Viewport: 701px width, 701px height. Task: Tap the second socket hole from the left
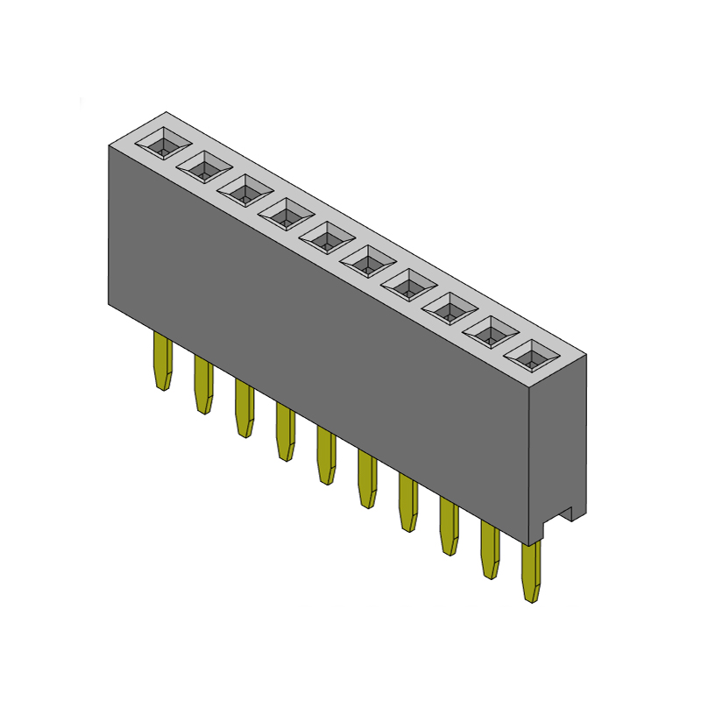click(x=204, y=166)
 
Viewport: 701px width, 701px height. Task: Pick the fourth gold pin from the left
click(x=285, y=432)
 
